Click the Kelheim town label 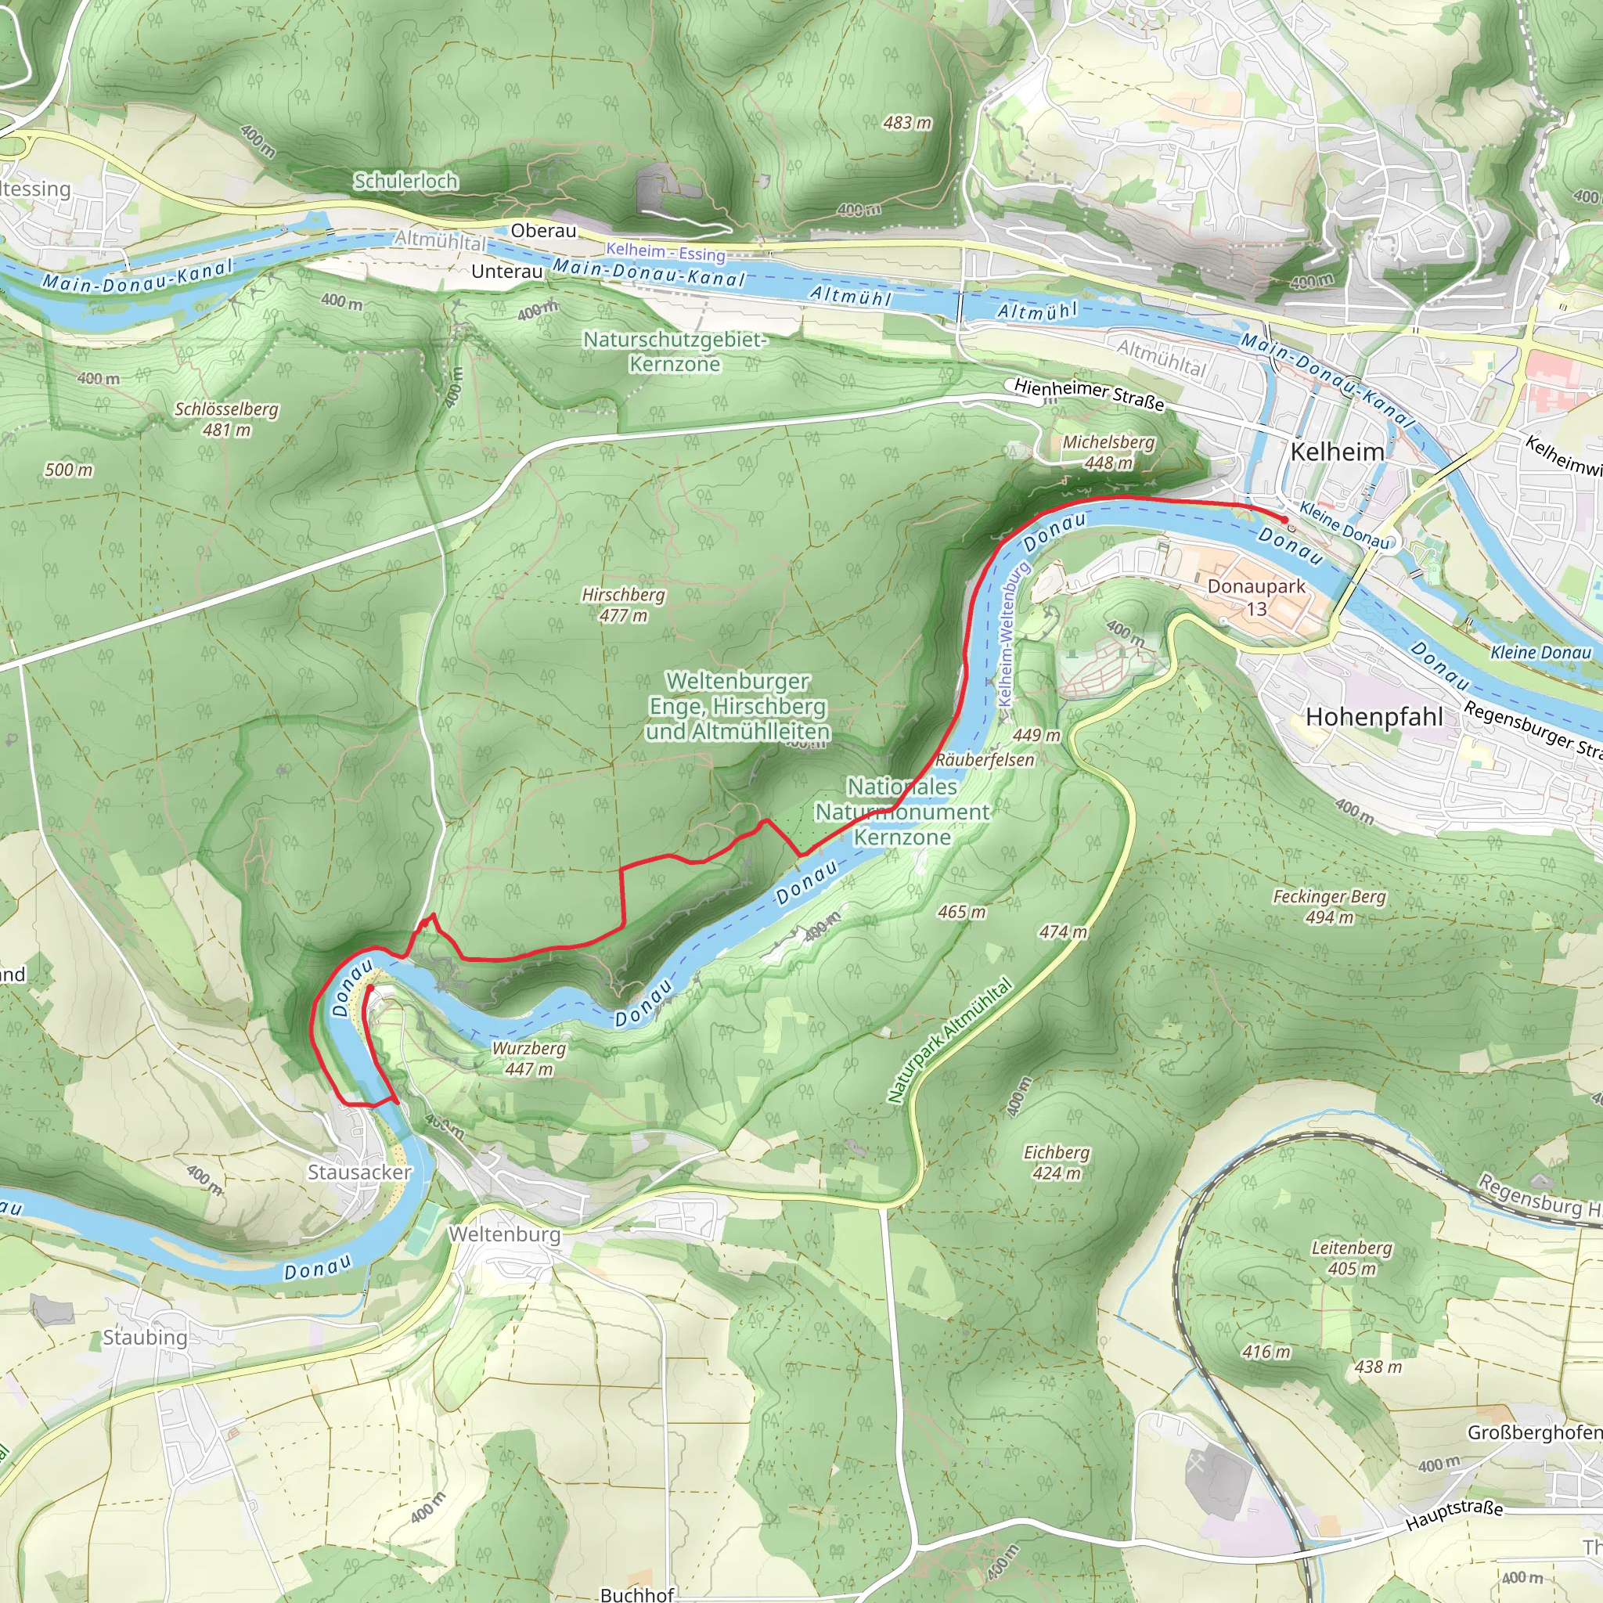tap(1338, 452)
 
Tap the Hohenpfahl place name tap(1374, 717)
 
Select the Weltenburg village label tap(505, 1234)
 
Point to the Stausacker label tap(359, 1173)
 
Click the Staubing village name tap(146, 1338)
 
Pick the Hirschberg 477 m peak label tap(623, 605)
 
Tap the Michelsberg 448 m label tap(1108, 452)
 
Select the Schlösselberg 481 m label tap(226, 419)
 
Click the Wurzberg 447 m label tap(528, 1059)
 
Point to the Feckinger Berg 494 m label tap(1329, 907)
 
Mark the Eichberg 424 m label tap(1056, 1162)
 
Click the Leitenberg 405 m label tap(1352, 1258)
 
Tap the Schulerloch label tap(405, 181)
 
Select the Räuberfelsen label tap(985, 760)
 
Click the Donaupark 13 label tap(1256, 596)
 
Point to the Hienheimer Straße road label tap(1089, 394)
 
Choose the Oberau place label tap(543, 231)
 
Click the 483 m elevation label tap(907, 123)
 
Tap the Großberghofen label tap(1535, 1433)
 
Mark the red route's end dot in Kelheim tap(1285, 520)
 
